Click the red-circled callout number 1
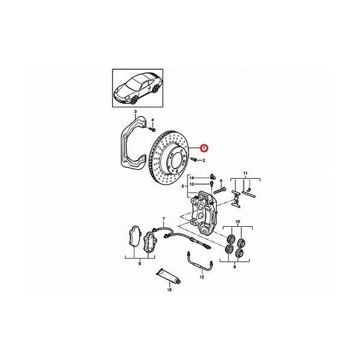click(203, 148)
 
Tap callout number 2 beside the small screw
click(204, 161)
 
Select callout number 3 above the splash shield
click(136, 112)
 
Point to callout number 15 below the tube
click(169, 290)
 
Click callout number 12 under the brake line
click(202, 277)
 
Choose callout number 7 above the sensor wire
click(164, 218)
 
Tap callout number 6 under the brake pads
click(140, 263)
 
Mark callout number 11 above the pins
click(245, 173)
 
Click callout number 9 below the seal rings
click(235, 267)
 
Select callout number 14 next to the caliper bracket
click(192, 178)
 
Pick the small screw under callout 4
click(152, 130)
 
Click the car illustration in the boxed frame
click(137, 88)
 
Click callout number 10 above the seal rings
click(238, 222)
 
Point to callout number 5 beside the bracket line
click(183, 187)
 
